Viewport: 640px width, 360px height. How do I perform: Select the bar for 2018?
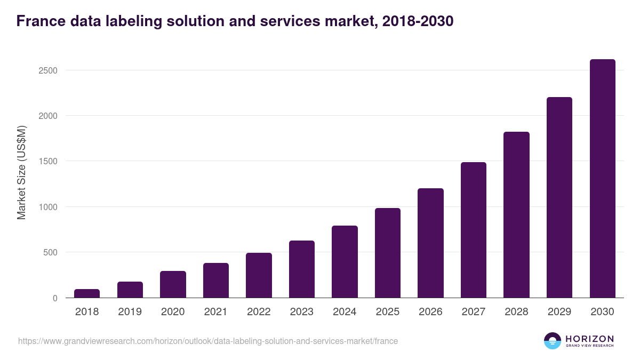87,293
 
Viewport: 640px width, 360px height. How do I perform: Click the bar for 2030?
602,179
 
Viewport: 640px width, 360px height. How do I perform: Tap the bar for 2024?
345,262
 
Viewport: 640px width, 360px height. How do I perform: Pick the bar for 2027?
474,230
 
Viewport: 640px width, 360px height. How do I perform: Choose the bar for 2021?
216,281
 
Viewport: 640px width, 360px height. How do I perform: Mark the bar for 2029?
559,197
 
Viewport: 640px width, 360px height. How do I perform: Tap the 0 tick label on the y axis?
55,298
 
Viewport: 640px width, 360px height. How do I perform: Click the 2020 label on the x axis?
173,312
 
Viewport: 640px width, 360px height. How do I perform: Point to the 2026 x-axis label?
430,312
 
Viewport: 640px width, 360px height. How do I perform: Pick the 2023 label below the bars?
302,312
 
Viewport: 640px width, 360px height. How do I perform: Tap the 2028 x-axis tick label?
516,312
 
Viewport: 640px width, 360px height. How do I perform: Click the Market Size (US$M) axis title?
21,172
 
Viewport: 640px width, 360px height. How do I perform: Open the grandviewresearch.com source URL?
208,341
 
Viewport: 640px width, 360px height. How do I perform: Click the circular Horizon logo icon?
553,341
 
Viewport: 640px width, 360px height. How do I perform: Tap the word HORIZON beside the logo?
589,339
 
